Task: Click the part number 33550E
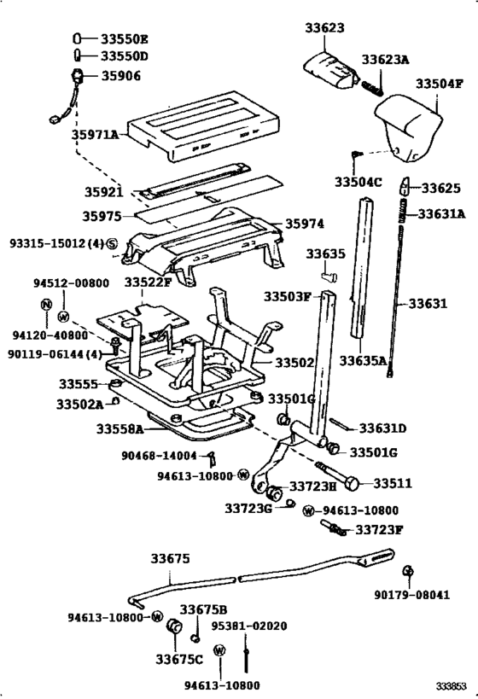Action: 124,39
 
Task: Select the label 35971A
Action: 96,134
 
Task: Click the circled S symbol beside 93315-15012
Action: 112,243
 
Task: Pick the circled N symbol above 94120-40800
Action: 46,305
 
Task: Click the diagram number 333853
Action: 452,685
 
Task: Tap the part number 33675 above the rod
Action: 170,558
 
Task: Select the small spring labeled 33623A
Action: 372,87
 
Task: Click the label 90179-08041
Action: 412,595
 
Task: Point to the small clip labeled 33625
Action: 405,186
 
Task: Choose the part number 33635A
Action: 363,360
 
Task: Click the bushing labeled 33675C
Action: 174,626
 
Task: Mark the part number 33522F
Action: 148,283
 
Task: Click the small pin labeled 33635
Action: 329,277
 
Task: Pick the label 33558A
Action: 120,428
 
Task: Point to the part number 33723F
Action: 379,530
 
